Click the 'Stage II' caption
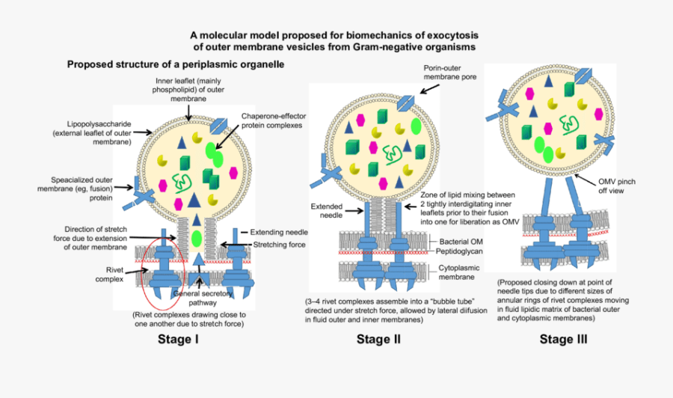(x=378, y=339)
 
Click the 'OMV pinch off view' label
(x=621, y=186)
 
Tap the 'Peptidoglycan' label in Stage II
(x=462, y=253)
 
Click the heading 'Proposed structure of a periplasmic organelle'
(x=176, y=65)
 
